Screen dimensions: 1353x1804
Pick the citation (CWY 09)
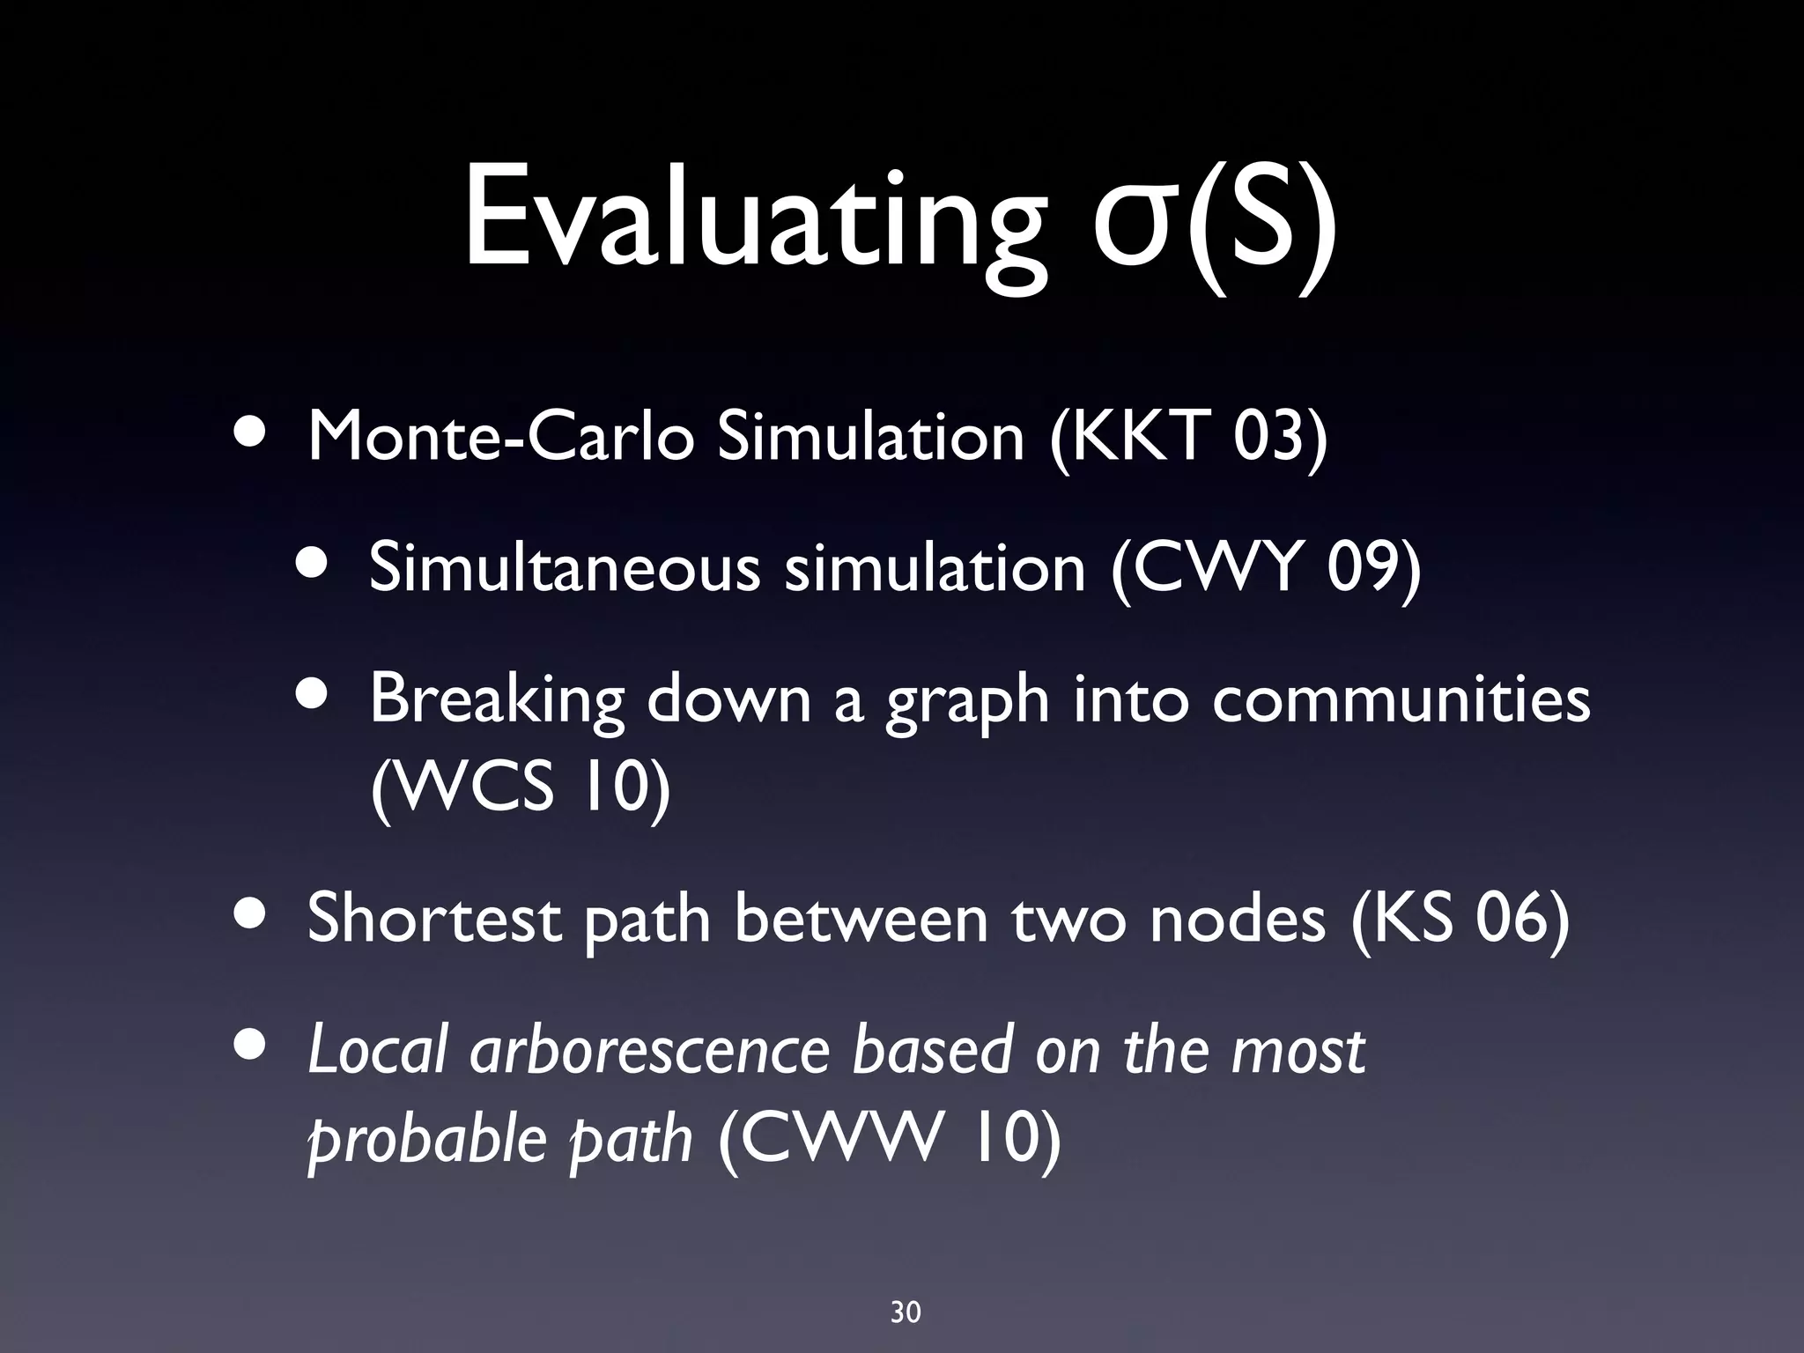point(1266,567)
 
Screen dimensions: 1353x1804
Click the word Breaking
point(497,699)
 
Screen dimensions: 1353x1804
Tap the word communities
point(1401,699)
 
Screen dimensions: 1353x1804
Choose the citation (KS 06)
point(1460,919)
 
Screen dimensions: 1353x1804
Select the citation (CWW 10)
point(890,1139)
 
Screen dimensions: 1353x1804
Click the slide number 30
point(906,1289)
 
